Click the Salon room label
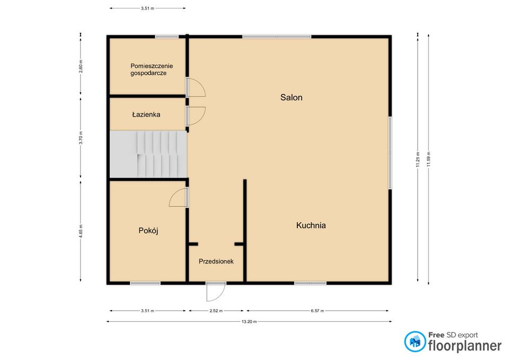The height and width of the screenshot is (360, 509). pos(291,98)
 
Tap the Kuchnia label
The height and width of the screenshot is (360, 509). pos(311,225)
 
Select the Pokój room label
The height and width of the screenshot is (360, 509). pos(148,231)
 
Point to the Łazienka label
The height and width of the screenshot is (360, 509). pos(146,115)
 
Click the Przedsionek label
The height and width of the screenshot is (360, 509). pos(216,261)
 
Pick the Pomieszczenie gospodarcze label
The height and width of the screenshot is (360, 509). pos(152,69)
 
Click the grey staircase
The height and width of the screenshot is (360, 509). pos(148,154)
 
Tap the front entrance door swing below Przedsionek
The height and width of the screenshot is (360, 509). pos(216,292)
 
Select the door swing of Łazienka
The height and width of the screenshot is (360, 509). pos(196,116)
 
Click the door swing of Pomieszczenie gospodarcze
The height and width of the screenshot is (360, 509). pos(196,87)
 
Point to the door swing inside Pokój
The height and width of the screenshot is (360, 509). pos(178,197)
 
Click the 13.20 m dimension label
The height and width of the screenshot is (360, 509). pos(249,322)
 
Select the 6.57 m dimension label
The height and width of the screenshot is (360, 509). pos(318,311)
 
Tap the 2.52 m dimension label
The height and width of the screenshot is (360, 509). pos(216,311)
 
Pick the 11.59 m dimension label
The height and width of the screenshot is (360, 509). pos(428,159)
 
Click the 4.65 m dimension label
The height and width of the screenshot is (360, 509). pos(81,231)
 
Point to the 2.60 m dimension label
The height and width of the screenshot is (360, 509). pos(81,66)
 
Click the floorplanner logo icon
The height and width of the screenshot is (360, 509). pos(415,341)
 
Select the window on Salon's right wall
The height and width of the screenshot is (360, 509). pos(390,153)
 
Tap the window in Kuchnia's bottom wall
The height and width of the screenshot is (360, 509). pos(310,283)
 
